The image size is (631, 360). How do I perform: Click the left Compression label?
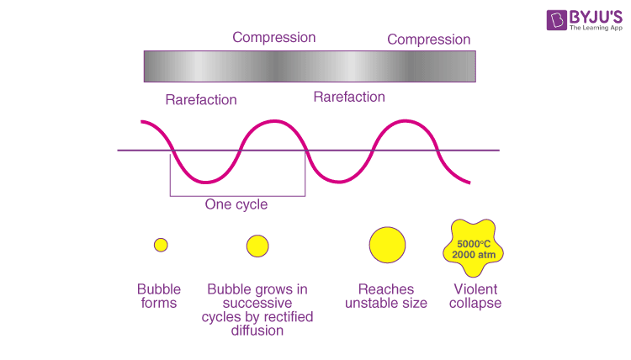pyautogui.click(x=274, y=37)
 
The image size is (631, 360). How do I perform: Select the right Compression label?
pyautogui.click(x=428, y=40)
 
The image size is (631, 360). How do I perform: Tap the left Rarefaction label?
pyautogui.click(x=201, y=99)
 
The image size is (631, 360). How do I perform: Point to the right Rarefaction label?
pyautogui.click(x=349, y=97)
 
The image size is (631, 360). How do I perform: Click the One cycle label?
pyautogui.click(x=236, y=204)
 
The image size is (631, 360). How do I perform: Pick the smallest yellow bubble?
pyautogui.click(x=162, y=245)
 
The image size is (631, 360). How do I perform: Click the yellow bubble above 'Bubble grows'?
pyautogui.click(x=257, y=246)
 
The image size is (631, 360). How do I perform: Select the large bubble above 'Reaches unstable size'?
pyautogui.click(x=387, y=245)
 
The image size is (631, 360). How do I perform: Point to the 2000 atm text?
pyautogui.click(x=472, y=254)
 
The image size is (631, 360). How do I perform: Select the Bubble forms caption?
pyautogui.click(x=159, y=296)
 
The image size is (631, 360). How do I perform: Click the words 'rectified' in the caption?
pyautogui.click(x=285, y=316)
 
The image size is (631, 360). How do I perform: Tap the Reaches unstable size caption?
pyautogui.click(x=386, y=296)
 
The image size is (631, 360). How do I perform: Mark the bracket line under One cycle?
pyautogui.click(x=237, y=196)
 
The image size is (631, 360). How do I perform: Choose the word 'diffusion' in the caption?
pyautogui.click(x=257, y=331)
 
